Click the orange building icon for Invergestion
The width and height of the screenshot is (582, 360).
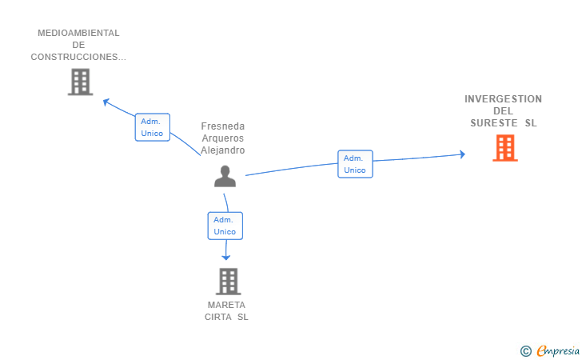tap(504, 148)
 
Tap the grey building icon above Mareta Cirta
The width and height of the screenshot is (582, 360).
tap(228, 282)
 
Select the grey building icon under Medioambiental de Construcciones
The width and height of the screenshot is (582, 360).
tap(80, 82)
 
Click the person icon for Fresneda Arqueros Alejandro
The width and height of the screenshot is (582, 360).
tap(225, 177)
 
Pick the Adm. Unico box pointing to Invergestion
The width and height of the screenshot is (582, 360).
tap(355, 164)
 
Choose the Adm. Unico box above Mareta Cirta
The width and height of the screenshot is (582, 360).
tap(225, 226)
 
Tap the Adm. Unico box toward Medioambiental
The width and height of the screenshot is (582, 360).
tap(152, 127)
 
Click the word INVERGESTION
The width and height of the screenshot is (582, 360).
tap(503, 99)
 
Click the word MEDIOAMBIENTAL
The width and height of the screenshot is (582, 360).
tap(78, 34)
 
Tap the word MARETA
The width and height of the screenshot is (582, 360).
tap(227, 305)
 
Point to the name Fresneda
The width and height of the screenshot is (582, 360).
tap(223, 126)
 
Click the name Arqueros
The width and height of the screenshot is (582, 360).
tap(223, 138)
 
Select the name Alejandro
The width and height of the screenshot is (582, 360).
tap(223, 150)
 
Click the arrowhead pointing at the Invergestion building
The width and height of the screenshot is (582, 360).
tap(461, 154)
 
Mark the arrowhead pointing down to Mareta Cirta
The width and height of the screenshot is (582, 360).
tap(226, 257)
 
